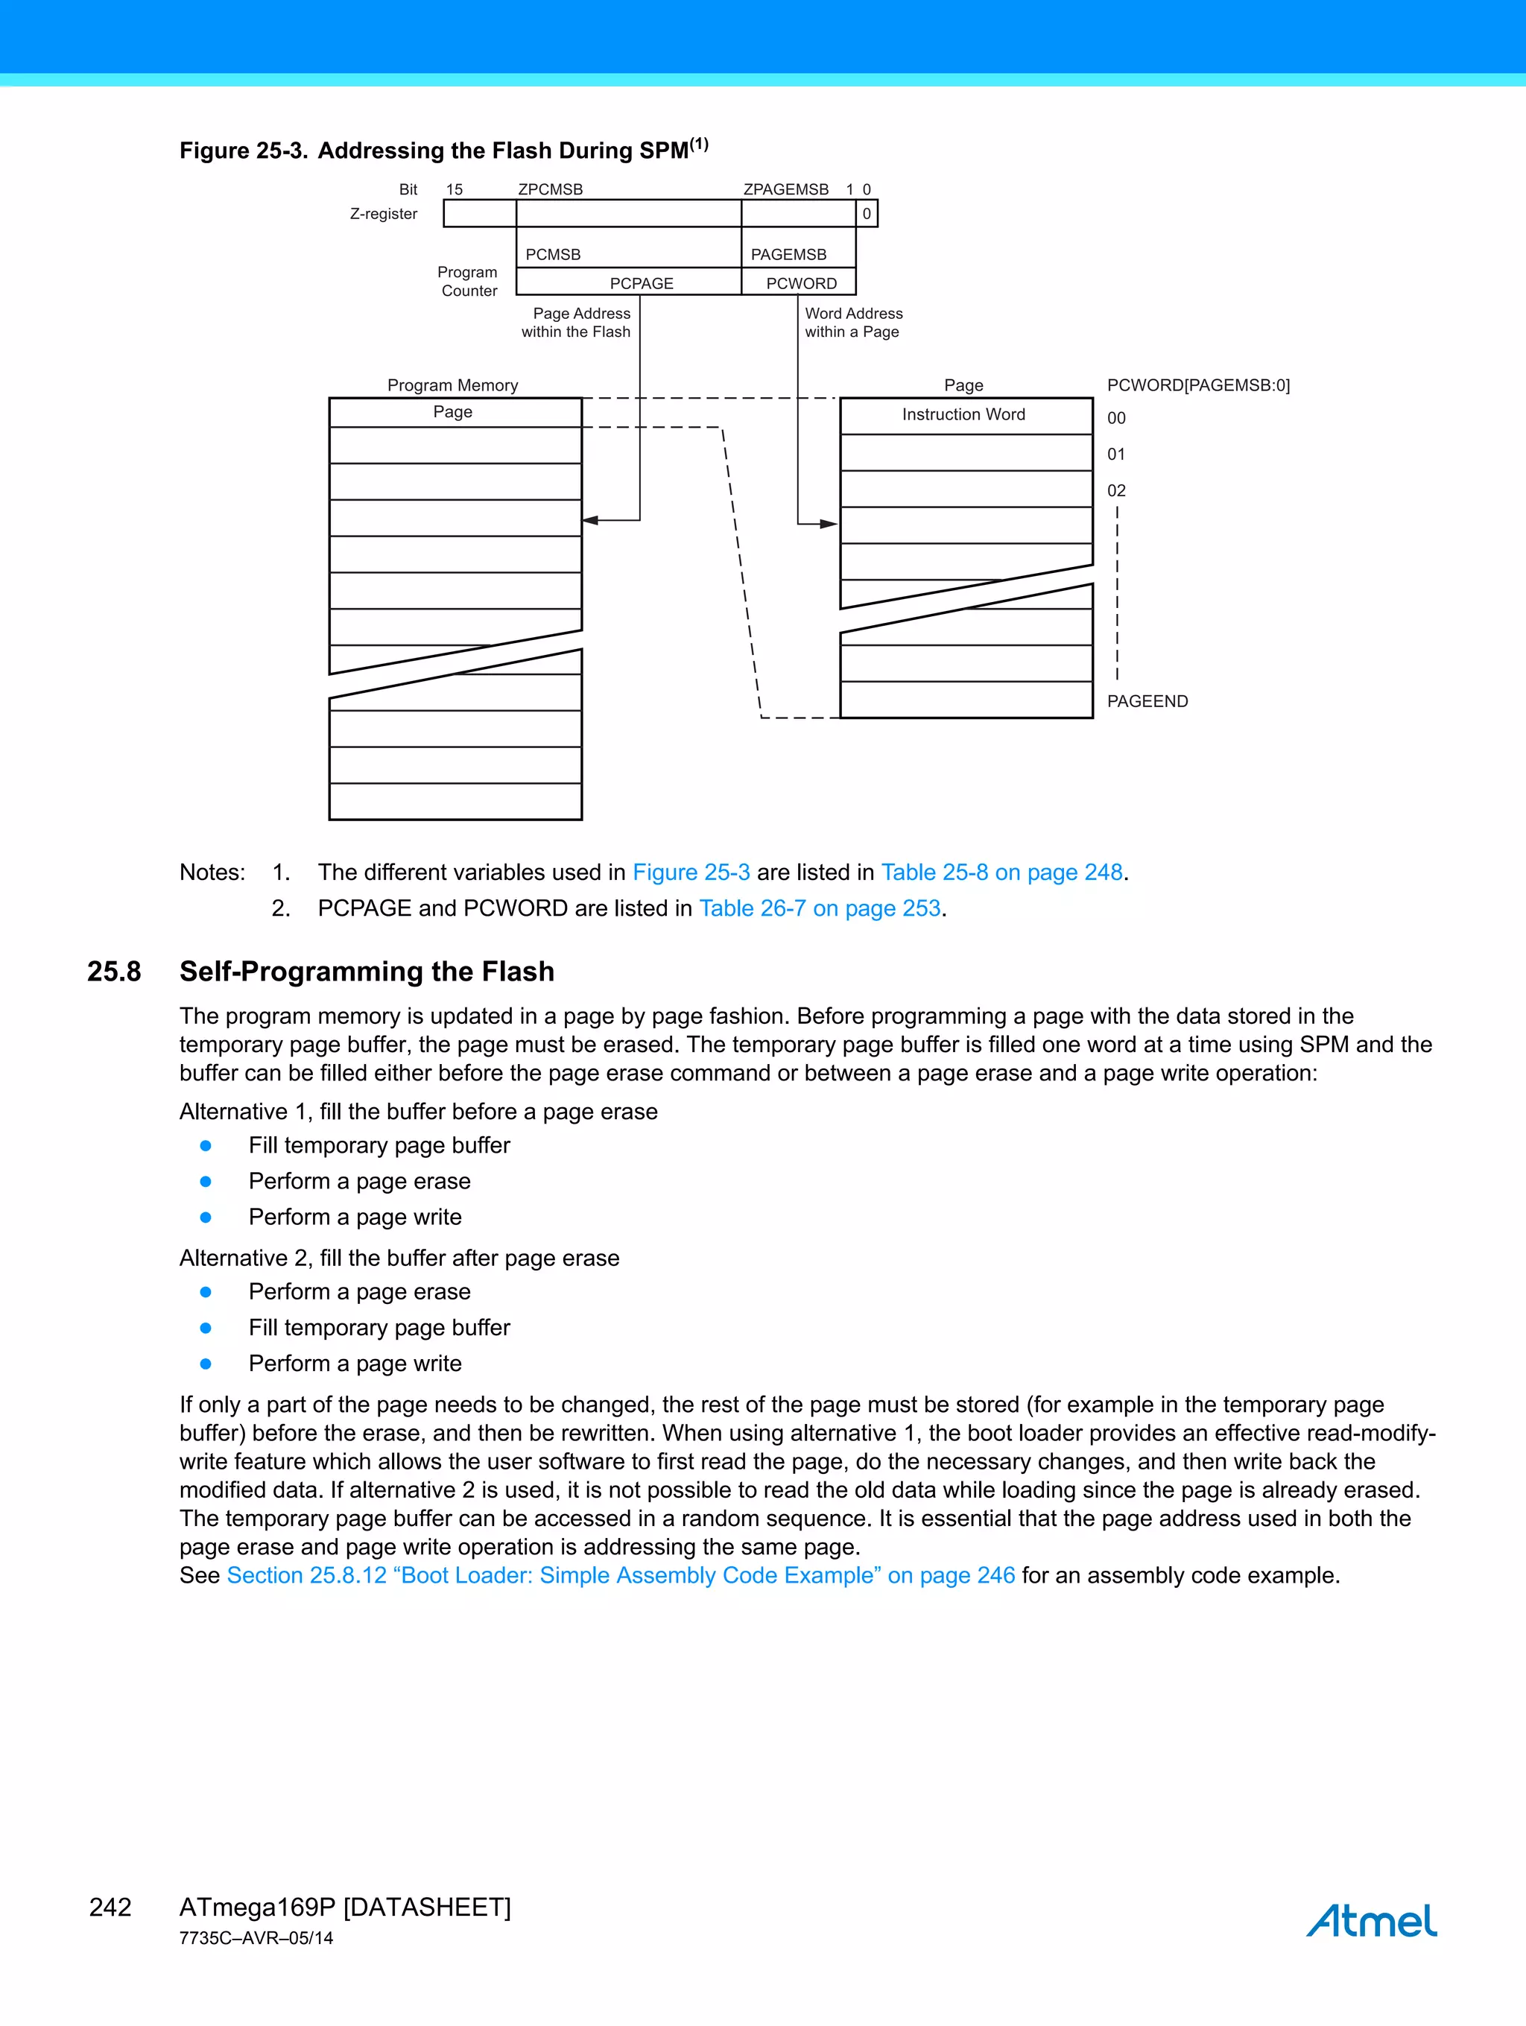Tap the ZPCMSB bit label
(x=550, y=189)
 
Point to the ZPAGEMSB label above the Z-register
(x=785, y=189)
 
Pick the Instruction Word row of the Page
(x=964, y=415)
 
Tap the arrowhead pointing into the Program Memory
(x=590, y=520)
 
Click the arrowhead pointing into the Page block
(x=829, y=524)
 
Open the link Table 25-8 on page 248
(x=1001, y=872)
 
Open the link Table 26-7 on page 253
(x=820, y=908)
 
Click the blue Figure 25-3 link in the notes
(x=691, y=872)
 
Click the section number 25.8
(x=115, y=971)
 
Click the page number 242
(x=110, y=1907)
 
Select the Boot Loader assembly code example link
(x=620, y=1574)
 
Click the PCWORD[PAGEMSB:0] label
(x=1197, y=384)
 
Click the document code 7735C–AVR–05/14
(x=256, y=1938)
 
